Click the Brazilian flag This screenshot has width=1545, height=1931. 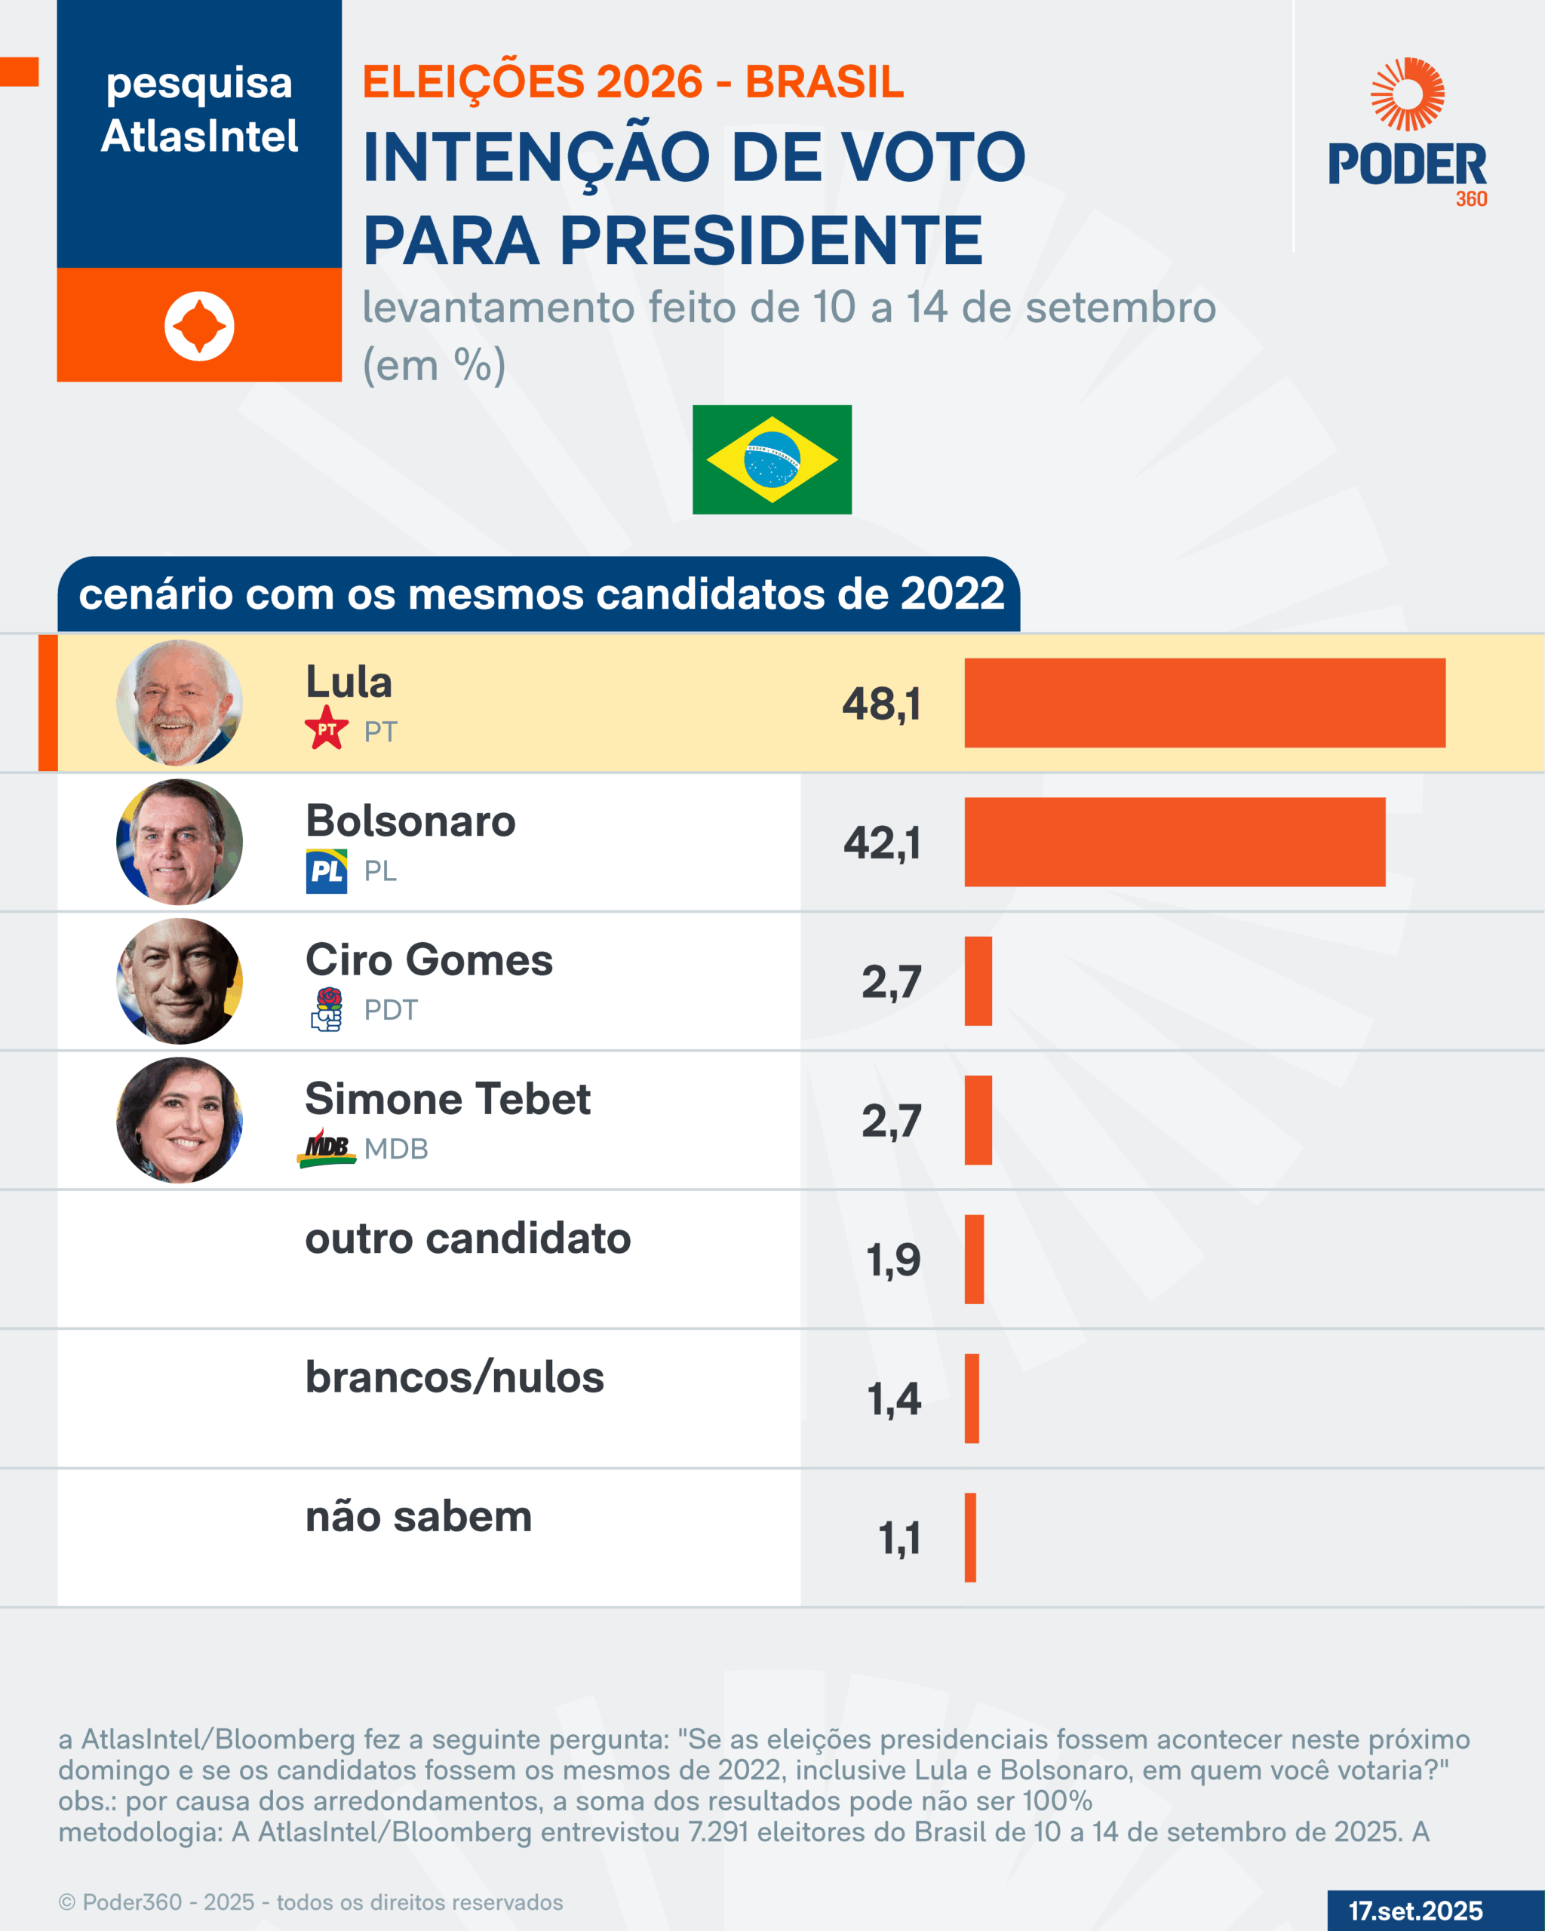(x=771, y=459)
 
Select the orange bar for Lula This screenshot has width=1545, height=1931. (x=1204, y=703)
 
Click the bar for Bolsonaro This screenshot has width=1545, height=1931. (x=1174, y=842)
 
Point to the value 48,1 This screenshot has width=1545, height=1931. (x=881, y=704)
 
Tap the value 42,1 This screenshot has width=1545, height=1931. (x=882, y=843)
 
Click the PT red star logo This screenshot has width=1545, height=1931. (x=326, y=727)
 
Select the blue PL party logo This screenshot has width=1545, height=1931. (x=326, y=870)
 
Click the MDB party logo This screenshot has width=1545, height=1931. (x=326, y=1148)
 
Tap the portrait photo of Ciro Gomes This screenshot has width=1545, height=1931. (x=179, y=981)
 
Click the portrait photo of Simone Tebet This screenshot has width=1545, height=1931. (x=179, y=1119)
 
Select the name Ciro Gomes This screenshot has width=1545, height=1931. (x=429, y=960)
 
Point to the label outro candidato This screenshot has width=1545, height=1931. (x=468, y=1239)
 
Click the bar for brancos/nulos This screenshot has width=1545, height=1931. (x=971, y=1398)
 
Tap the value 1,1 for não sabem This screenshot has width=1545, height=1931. (x=899, y=1538)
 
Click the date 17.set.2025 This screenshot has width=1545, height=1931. (x=1415, y=1911)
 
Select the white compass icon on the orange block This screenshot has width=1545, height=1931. (x=199, y=326)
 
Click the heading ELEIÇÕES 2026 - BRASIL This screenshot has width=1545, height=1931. (x=633, y=81)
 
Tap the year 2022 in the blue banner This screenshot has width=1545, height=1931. (x=952, y=593)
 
